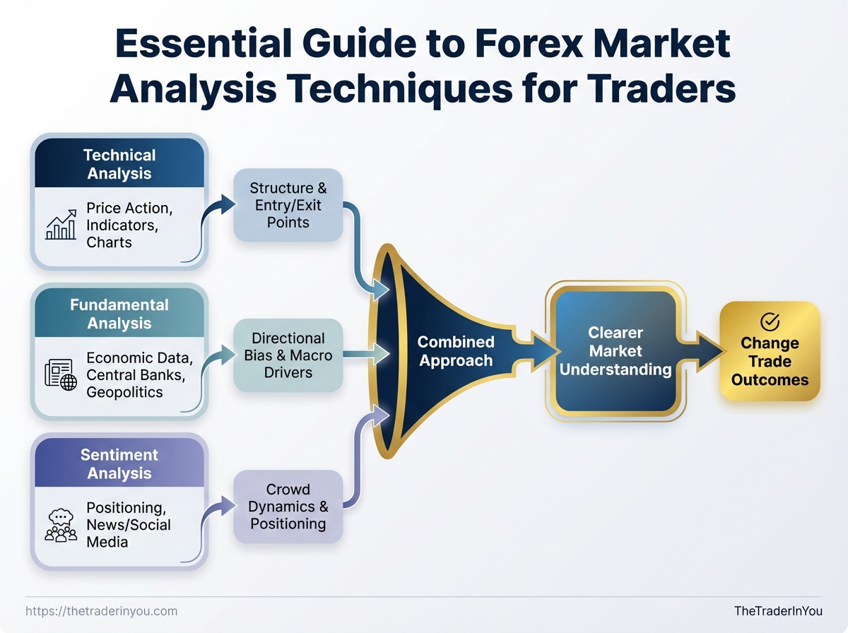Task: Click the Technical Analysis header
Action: [119, 164]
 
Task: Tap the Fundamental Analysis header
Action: [119, 314]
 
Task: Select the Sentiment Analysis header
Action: [119, 463]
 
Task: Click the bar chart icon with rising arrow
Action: [61, 225]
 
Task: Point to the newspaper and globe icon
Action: [61, 374]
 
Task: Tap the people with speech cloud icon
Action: [61, 525]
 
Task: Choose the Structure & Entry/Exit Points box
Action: [288, 205]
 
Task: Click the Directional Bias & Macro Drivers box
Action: [288, 355]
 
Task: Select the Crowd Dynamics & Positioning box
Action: [288, 507]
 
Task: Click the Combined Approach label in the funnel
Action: [455, 351]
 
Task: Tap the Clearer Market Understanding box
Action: [615, 351]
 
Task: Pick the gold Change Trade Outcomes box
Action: [770, 352]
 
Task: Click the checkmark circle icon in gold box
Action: [770, 322]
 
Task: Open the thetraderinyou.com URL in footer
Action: [101, 611]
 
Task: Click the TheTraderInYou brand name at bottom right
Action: [778, 611]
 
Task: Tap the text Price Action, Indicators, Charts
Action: [129, 225]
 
